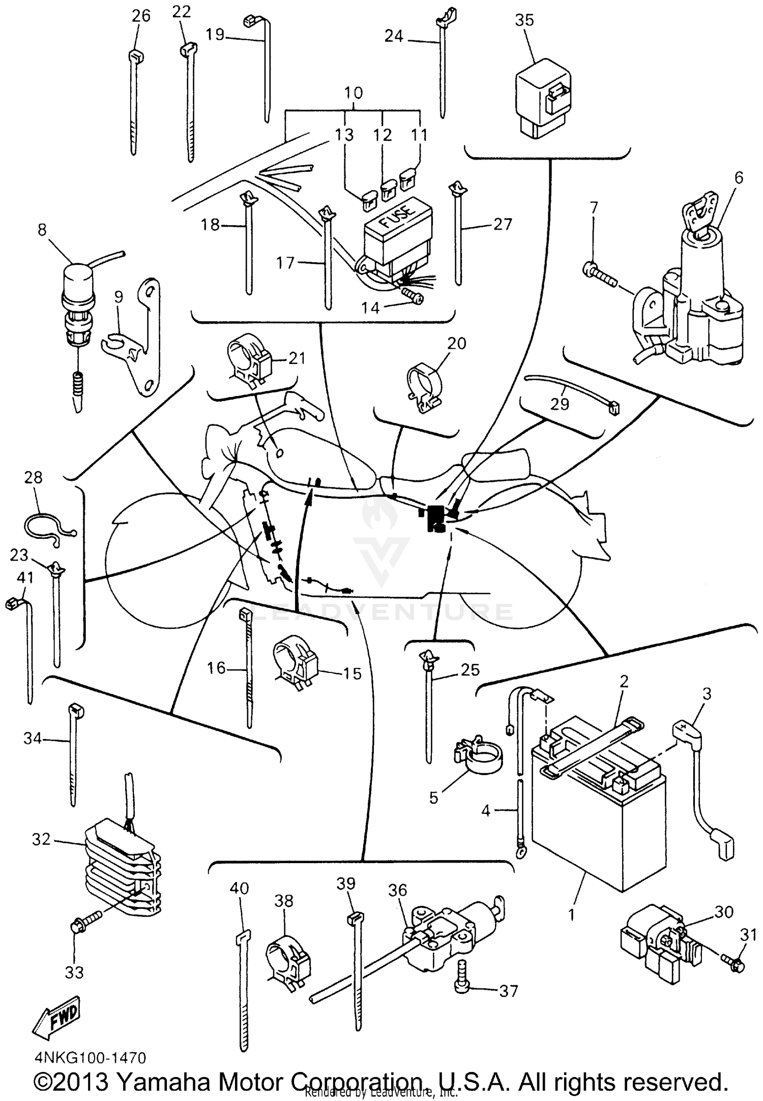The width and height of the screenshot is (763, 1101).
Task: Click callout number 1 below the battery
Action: click(571, 914)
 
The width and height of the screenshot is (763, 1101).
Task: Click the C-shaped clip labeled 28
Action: click(47, 529)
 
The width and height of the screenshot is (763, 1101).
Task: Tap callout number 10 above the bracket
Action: click(353, 93)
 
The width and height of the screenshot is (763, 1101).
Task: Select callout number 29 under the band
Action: click(560, 404)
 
